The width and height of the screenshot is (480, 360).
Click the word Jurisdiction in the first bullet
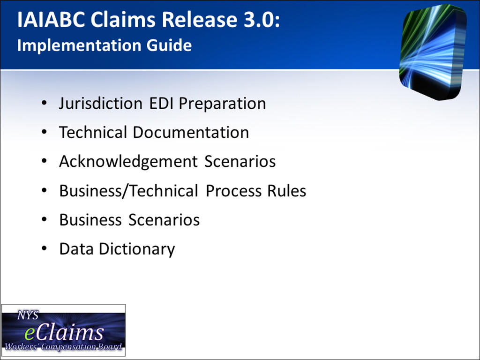coord(101,104)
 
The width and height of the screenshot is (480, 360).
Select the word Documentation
coord(191,133)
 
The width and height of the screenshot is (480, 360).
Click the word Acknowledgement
coord(128,162)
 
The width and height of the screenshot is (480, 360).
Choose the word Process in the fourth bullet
coord(233,191)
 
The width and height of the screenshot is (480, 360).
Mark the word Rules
coord(286,191)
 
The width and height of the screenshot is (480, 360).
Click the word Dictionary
coord(137,249)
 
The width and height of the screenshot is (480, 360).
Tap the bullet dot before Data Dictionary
coord(45,248)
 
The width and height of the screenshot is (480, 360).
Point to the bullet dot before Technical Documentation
coord(45,132)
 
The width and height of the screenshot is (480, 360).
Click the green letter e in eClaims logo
coord(30,334)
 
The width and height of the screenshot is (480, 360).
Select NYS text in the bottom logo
coord(28,315)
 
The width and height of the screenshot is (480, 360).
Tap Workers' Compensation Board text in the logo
coord(63,347)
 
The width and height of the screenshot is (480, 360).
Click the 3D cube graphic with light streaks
coord(433,52)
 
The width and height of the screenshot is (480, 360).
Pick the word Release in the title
coord(199,20)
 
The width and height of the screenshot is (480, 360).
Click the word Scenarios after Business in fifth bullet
coord(164,220)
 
